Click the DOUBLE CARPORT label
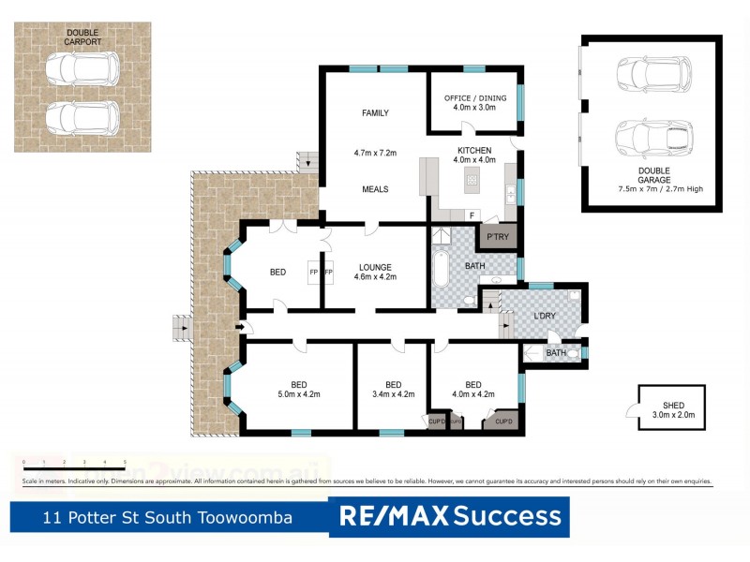pyautogui.click(x=82, y=37)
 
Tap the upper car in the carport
pyautogui.click(x=82, y=68)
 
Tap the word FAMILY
pyautogui.click(x=375, y=113)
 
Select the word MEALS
pyautogui.click(x=375, y=189)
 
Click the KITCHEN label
pyautogui.click(x=473, y=155)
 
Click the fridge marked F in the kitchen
pyautogui.click(x=471, y=214)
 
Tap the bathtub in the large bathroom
pyautogui.click(x=441, y=265)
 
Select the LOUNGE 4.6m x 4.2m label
pyautogui.click(x=374, y=272)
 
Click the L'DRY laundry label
pyautogui.click(x=545, y=316)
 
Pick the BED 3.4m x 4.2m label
pyautogui.click(x=393, y=389)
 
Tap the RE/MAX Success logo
pyautogui.click(x=449, y=516)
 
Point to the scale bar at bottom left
pyautogui.click(x=74, y=464)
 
